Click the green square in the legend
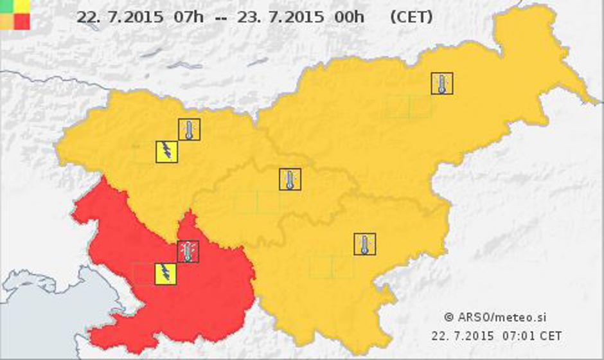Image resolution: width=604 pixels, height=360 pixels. click(6, 5)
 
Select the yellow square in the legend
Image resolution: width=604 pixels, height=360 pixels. click(22, 5)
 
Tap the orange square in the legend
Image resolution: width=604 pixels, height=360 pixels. click(6, 21)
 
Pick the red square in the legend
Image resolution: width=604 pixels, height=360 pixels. click(22, 21)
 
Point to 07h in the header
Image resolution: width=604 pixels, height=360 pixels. click(188, 17)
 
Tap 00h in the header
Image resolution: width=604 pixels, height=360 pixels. click(349, 17)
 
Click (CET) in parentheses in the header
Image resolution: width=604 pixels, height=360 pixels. click(411, 17)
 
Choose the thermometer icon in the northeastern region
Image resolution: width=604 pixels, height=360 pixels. click(442, 84)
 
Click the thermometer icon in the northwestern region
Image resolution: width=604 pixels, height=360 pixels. click(189, 129)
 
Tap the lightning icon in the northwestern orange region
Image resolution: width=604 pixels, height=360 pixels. click(166, 152)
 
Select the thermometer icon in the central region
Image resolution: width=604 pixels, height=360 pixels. click(290, 179)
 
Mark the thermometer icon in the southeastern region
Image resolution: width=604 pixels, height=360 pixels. click(364, 244)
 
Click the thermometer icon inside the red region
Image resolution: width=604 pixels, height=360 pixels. click(188, 251)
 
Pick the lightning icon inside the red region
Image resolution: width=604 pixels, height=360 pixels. click(166, 274)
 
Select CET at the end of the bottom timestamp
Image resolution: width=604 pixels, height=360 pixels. click(551, 336)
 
